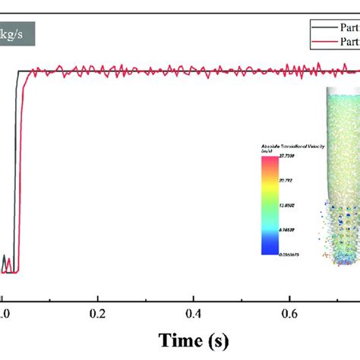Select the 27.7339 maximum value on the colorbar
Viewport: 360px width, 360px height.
[x=288, y=155]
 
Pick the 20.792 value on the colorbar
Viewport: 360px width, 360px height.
[x=288, y=182]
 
